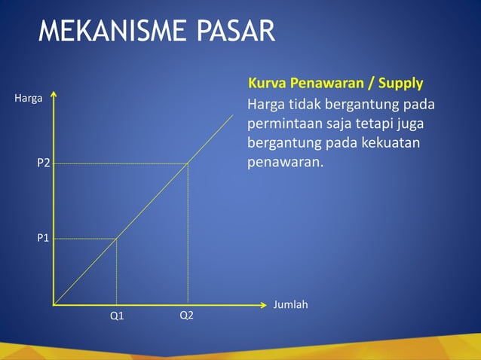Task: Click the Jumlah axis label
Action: (290, 305)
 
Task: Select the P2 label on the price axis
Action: (44, 163)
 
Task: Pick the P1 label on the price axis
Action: (44, 238)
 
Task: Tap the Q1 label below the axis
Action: (117, 316)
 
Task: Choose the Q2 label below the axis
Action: (186, 316)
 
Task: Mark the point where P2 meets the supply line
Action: (188, 163)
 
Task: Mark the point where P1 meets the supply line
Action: (116, 239)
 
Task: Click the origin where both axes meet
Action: (54, 305)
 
